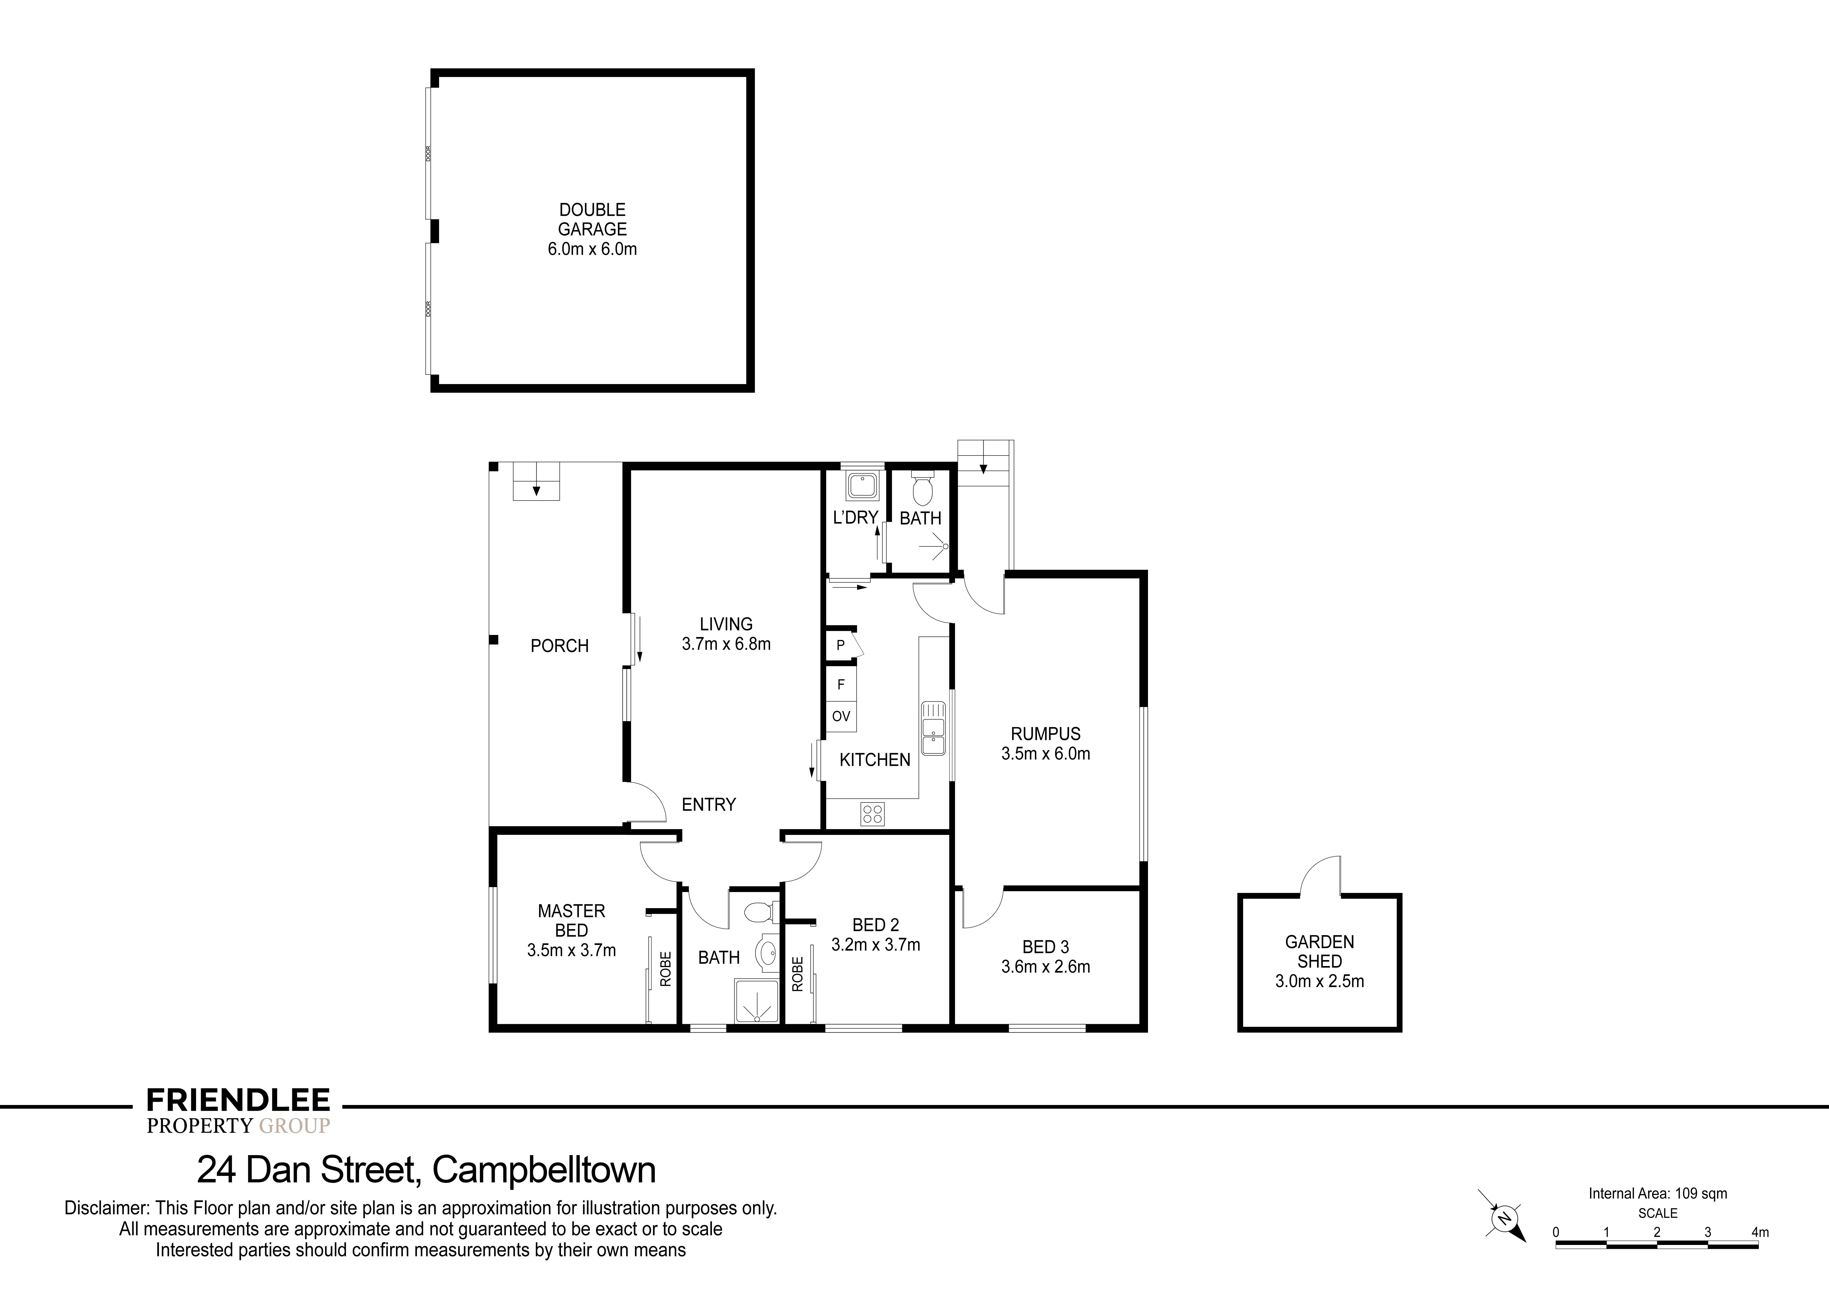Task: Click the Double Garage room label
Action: click(592, 220)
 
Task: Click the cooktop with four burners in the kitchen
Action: click(872, 813)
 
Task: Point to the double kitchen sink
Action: click(933, 728)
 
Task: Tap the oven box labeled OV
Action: click(840, 716)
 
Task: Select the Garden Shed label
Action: click(1319, 951)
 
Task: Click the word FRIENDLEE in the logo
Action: click(238, 1100)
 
